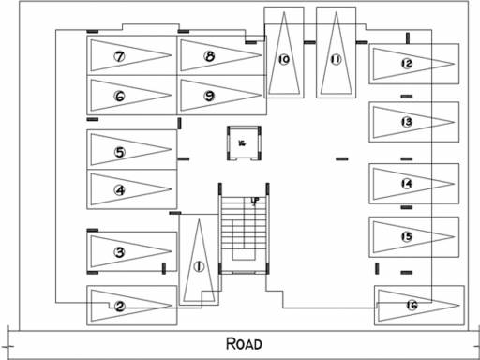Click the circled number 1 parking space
click(198, 265)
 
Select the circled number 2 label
click(120, 306)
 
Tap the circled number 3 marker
click(120, 251)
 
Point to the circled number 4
click(120, 190)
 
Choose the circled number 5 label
click(120, 151)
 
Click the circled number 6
click(120, 96)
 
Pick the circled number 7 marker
click(120, 57)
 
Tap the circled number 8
click(209, 57)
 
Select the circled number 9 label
click(209, 96)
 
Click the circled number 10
click(283, 59)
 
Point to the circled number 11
click(335, 59)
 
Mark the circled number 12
click(406, 64)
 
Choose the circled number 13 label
click(406, 122)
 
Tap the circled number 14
click(406, 184)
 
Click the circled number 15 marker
click(406, 236)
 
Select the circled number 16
click(412, 305)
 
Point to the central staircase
click(243, 231)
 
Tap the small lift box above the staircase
click(242, 143)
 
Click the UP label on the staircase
click(254, 200)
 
